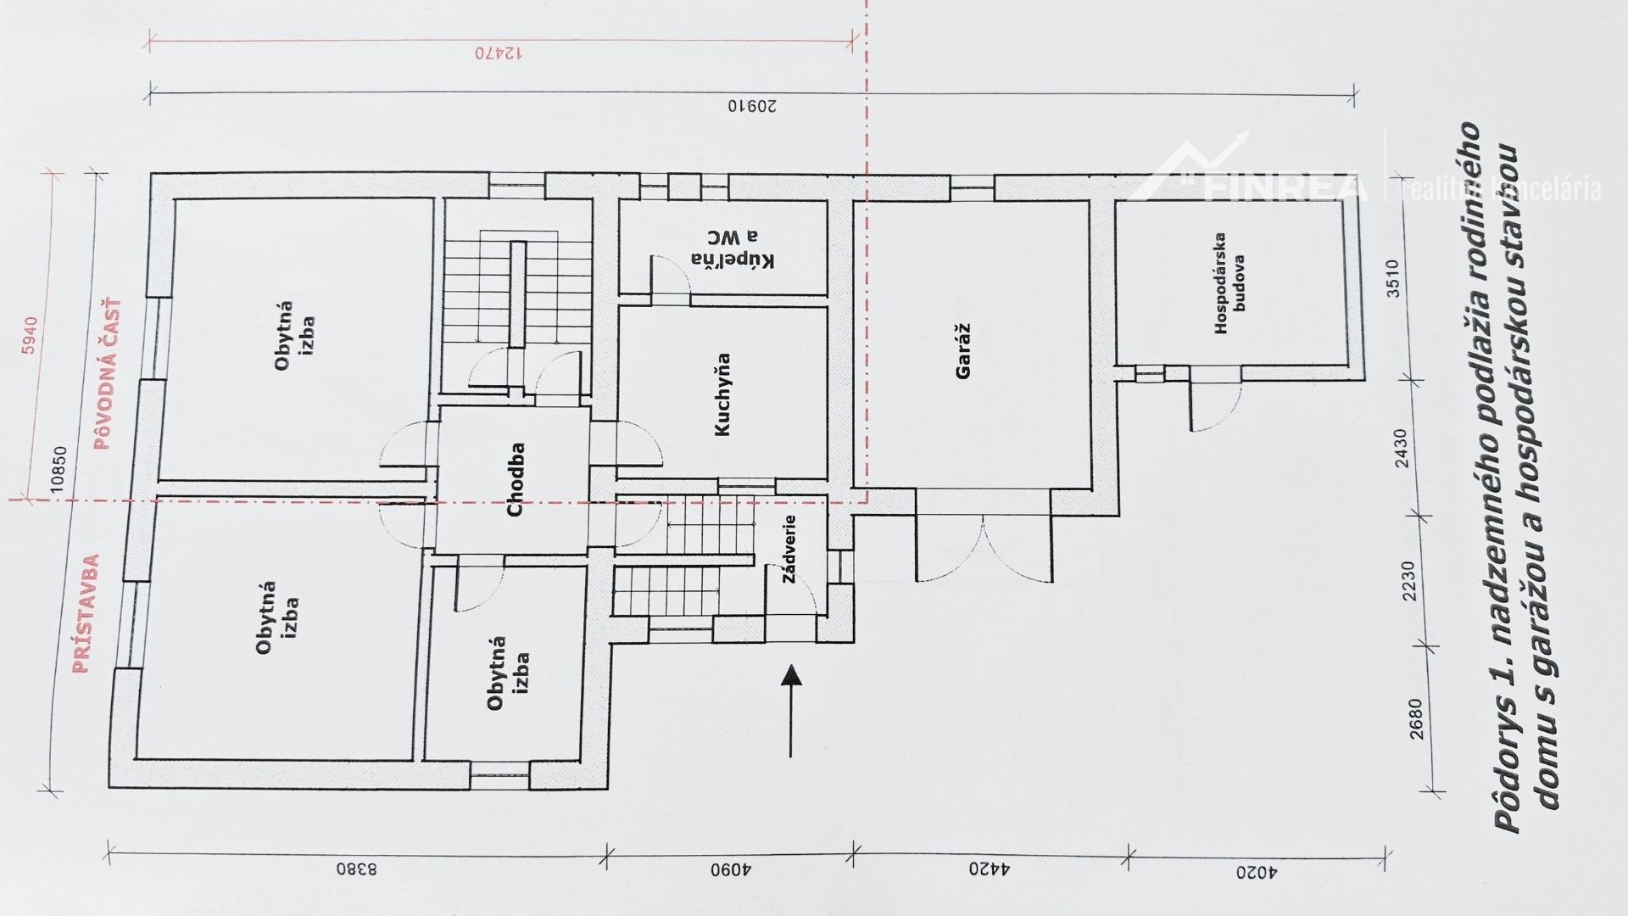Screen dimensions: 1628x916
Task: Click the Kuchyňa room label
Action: pos(722,394)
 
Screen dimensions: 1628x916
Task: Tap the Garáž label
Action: pos(963,350)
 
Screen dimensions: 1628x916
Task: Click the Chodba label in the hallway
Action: pos(516,480)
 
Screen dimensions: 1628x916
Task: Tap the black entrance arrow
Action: pos(790,710)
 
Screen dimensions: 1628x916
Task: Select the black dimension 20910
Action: pos(753,107)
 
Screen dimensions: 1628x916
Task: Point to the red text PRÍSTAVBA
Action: pos(85,614)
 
